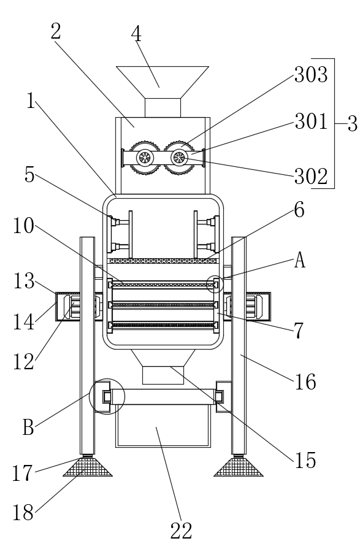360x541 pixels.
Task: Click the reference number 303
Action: [x=311, y=75]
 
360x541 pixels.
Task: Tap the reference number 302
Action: [x=311, y=176]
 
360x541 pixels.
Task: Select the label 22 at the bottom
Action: [x=182, y=531]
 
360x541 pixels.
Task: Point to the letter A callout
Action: [x=300, y=260]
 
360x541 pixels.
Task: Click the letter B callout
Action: [x=29, y=427]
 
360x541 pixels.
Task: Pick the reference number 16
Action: [x=305, y=382]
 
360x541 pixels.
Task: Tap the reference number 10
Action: [x=24, y=226]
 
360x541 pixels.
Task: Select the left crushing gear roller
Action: [x=145, y=158]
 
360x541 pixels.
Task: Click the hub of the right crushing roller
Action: [x=179, y=158]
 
